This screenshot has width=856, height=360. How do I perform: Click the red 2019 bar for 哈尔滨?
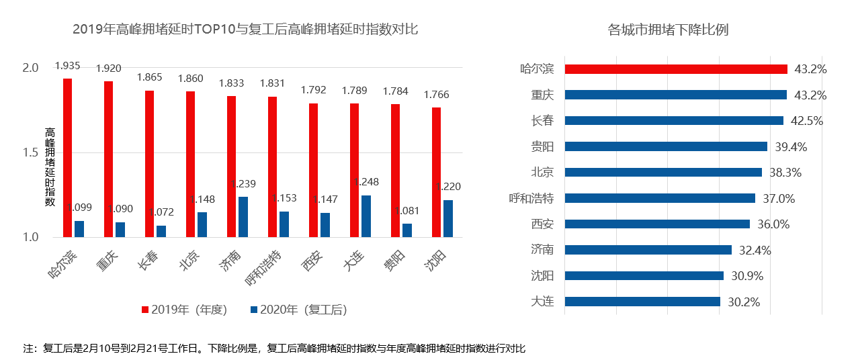tap(68, 158)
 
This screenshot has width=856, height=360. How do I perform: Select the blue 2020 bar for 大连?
tap(366, 216)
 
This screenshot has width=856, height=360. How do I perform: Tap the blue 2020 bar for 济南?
tap(243, 217)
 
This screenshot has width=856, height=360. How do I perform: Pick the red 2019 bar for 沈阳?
tap(436, 173)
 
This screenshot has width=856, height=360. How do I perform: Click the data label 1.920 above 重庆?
tap(109, 68)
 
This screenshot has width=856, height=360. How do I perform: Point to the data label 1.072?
tap(161, 212)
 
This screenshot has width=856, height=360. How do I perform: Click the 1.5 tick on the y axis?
tap(31, 152)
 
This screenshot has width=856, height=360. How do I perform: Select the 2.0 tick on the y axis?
tap(31, 68)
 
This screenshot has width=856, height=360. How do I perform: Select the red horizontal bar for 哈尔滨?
tap(675, 69)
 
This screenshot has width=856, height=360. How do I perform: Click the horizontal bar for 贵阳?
tap(665, 146)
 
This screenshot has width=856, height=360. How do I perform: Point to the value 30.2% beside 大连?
tap(744, 302)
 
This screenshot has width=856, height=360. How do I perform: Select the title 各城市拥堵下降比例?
tap(668, 30)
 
